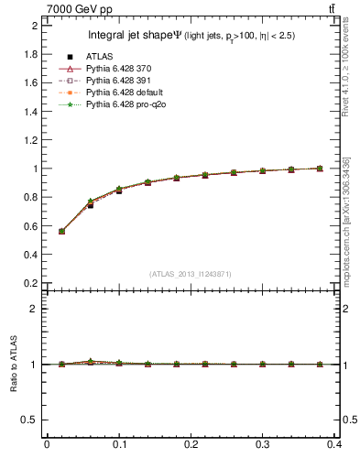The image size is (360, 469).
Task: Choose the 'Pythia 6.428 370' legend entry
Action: coord(108,70)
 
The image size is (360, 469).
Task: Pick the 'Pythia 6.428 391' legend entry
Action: coord(108,82)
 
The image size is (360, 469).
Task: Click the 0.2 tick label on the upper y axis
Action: coord(30,283)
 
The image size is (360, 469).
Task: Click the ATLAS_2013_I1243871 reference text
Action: coord(190,274)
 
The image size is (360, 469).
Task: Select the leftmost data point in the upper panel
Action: coord(61,231)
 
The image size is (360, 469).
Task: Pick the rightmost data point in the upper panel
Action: coord(319,169)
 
